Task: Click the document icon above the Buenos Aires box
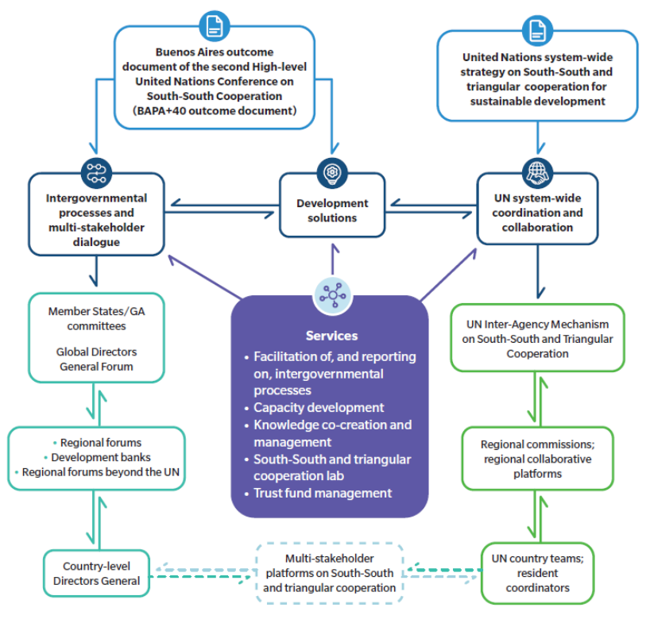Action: point(213,25)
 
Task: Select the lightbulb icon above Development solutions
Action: point(331,172)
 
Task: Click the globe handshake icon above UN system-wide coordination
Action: point(537,171)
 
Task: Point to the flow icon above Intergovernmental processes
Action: point(96,171)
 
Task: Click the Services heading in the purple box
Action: point(331,336)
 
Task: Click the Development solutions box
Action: point(332,211)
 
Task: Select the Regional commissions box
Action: point(537,459)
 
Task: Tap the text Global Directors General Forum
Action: point(97,359)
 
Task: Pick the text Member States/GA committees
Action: point(97,319)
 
